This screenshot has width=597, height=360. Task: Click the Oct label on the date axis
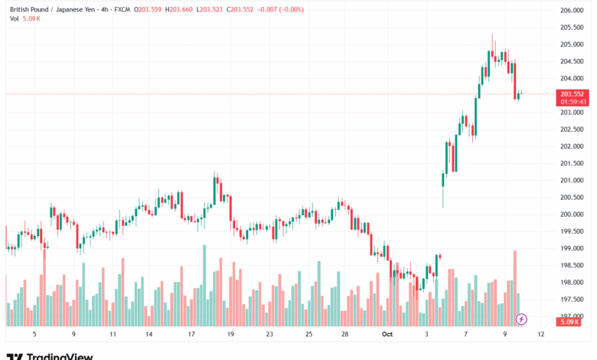click(x=387, y=335)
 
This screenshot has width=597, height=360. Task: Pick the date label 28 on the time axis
click(x=345, y=335)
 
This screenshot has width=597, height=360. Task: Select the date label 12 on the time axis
click(x=541, y=335)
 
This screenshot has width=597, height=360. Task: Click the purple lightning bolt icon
click(x=522, y=319)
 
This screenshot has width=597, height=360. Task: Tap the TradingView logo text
click(x=60, y=356)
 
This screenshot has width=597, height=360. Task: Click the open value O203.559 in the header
click(x=148, y=10)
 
